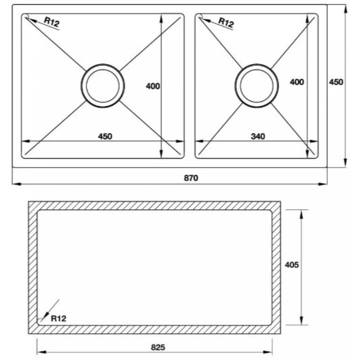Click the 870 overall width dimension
click(x=191, y=178)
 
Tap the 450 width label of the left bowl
click(x=105, y=136)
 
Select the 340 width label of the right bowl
click(x=258, y=136)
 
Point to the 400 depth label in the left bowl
click(x=153, y=86)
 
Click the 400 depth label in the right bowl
click(x=297, y=82)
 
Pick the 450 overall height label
click(x=336, y=82)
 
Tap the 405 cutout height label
click(x=292, y=265)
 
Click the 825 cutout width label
click(x=158, y=347)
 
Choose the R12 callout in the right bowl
click(x=226, y=23)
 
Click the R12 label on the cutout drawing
click(x=59, y=319)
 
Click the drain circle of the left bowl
click(x=102, y=86)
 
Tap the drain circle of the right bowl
click(x=257, y=86)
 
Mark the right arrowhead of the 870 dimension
click(x=324, y=184)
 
